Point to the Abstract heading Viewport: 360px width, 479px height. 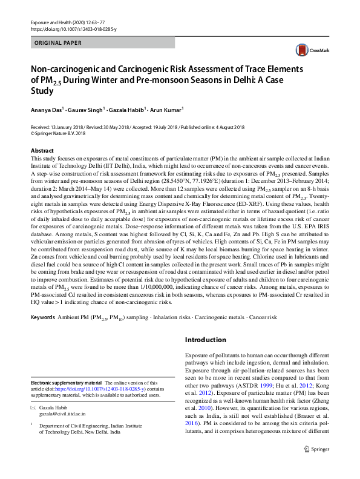(x=42, y=150)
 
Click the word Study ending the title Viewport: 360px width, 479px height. (x=42, y=91)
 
